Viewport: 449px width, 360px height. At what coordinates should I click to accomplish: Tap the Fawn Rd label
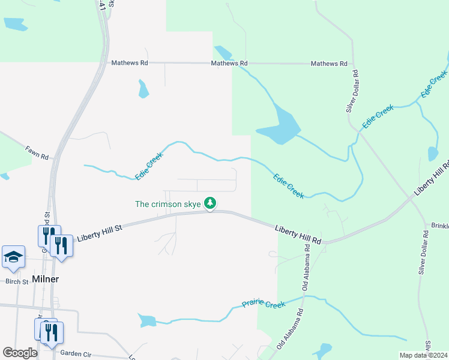click(36, 153)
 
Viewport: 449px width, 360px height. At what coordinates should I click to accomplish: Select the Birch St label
click(17, 281)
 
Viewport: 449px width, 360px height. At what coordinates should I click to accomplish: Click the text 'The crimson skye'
click(167, 204)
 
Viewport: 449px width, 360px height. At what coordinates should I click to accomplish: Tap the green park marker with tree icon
click(210, 203)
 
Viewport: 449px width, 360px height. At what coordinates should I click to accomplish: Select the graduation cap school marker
click(13, 257)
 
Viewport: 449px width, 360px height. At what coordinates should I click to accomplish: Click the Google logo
click(20, 353)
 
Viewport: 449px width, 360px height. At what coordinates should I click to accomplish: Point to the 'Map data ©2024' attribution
click(423, 355)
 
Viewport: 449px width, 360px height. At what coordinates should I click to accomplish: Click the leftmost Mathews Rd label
click(129, 62)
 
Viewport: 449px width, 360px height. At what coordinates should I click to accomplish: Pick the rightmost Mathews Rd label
click(329, 64)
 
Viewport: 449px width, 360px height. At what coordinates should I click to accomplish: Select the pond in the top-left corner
click(14, 24)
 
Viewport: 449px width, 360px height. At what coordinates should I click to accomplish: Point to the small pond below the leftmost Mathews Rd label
click(143, 89)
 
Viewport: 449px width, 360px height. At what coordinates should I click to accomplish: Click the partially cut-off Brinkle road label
click(440, 226)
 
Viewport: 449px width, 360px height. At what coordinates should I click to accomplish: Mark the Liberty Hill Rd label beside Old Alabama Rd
click(298, 235)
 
